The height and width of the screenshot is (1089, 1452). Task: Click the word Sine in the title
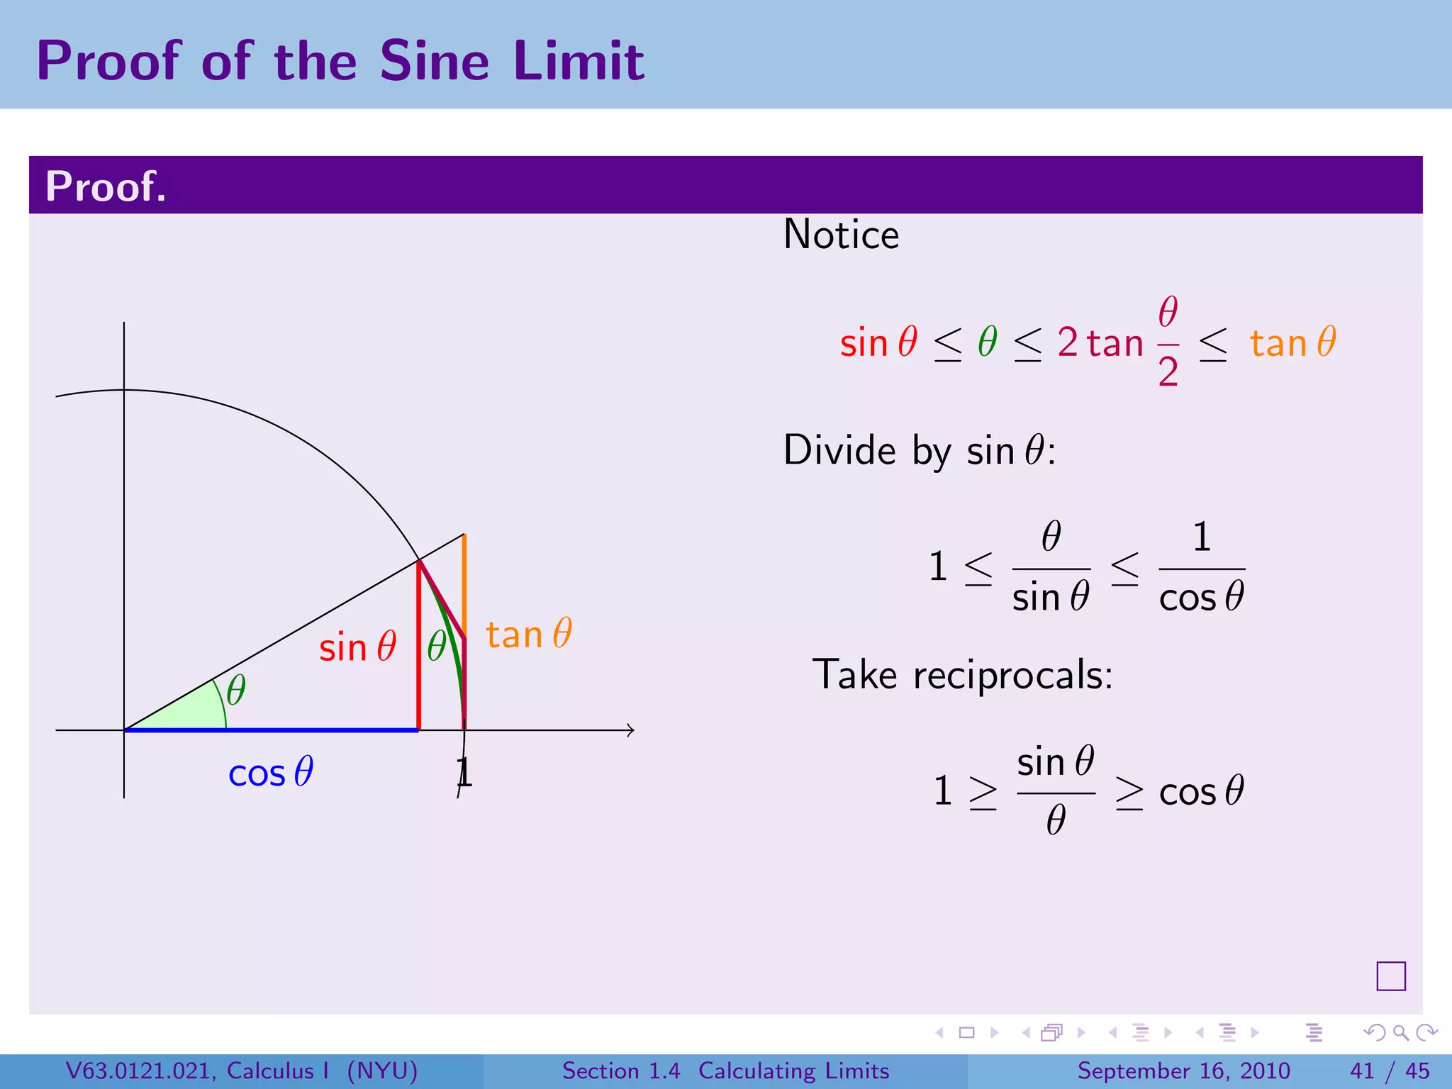pyautogui.click(x=434, y=61)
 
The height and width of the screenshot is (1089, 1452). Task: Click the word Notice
pyautogui.click(x=841, y=235)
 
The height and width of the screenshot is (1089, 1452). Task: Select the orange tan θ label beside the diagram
pyautogui.click(x=529, y=634)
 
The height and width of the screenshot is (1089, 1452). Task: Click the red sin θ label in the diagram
pyautogui.click(x=357, y=647)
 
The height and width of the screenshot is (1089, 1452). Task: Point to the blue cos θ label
pyautogui.click(x=271, y=772)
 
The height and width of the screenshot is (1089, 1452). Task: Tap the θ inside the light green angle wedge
pyautogui.click(x=236, y=690)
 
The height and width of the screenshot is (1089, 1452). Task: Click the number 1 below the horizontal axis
pyautogui.click(x=464, y=772)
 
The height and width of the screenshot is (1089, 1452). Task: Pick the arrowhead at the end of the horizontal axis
pyautogui.click(x=630, y=730)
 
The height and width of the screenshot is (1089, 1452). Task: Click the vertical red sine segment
pyautogui.click(x=419, y=645)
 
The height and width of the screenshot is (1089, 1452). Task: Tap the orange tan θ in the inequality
pyautogui.click(x=1292, y=342)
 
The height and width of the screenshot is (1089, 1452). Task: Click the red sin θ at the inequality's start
pyautogui.click(x=878, y=342)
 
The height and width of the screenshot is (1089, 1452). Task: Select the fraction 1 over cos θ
pyautogui.click(x=1202, y=568)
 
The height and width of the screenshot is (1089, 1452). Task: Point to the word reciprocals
pyautogui.click(x=1012, y=675)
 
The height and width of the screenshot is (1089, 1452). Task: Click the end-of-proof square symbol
pyautogui.click(x=1390, y=976)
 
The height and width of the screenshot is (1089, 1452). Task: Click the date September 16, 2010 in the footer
pyautogui.click(x=1183, y=1071)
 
